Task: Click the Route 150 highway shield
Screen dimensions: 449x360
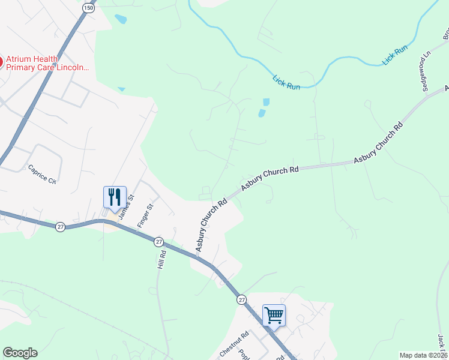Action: point(89,8)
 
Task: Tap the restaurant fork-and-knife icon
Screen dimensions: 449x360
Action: point(115,196)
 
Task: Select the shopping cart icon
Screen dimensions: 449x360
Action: point(274,314)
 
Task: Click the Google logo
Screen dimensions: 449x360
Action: point(20,353)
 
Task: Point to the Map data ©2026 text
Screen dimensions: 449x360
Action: point(424,355)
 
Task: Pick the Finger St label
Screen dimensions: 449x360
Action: point(146,215)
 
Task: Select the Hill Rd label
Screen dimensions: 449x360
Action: point(161,259)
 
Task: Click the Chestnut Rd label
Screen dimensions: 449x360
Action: point(234,346)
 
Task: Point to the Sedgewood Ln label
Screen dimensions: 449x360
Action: point(426,71)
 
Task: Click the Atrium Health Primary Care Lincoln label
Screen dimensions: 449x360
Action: point(47,63)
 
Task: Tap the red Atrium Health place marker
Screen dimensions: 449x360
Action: point(1,61)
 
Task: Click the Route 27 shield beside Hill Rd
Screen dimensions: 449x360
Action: point(158,241)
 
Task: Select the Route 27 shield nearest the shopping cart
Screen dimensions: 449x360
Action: point(241,299)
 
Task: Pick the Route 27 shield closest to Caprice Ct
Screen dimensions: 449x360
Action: point(60,227)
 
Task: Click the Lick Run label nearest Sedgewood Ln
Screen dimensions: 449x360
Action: point(396,56)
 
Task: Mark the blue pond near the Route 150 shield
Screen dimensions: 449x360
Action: point(121,19)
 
